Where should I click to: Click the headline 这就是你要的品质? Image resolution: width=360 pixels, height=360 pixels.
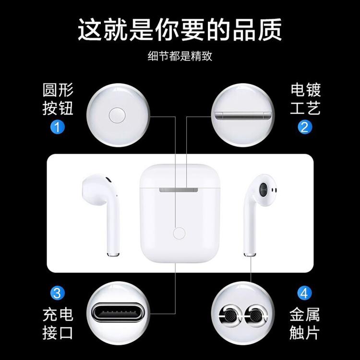(x=180, y=30)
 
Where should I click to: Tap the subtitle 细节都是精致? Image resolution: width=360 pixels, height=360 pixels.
(x=180, y=56)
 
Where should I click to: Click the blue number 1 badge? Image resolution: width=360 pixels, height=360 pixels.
(x=58, y=127)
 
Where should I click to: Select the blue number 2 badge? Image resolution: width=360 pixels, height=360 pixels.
(x=305, y=127)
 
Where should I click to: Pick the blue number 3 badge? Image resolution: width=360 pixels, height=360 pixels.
(x=58, y=293)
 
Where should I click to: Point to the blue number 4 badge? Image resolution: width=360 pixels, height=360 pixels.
(x=304, y=293)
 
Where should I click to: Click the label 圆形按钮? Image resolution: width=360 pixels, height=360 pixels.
(x=58, y=99)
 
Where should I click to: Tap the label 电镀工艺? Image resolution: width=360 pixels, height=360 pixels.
(x=305, y=99)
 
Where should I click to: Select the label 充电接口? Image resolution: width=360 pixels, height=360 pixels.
(x=58, y=324)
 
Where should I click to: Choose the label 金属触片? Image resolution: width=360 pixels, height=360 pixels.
(x=305, y=324)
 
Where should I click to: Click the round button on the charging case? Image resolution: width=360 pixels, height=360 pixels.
(x=179, y=233)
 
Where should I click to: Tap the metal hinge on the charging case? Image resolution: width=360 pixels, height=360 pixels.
(x=179, y=190)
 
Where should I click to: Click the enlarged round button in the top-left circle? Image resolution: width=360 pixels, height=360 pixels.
(x=117, y=116)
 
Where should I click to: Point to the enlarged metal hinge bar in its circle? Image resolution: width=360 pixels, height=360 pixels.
(x=243, y=116)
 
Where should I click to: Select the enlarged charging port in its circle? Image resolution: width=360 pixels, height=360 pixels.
(x=118, y=313)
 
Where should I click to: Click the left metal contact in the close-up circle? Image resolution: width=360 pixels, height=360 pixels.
(x=230, y=316)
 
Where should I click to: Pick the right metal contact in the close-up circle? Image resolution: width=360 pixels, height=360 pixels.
(x=255, y=316)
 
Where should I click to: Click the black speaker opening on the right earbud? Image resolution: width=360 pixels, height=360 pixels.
(x=263, y=189)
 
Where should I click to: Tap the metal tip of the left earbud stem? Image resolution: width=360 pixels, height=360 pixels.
(x=113, y=254)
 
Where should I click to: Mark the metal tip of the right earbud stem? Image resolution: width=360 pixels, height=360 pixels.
(x=250, y=254)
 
